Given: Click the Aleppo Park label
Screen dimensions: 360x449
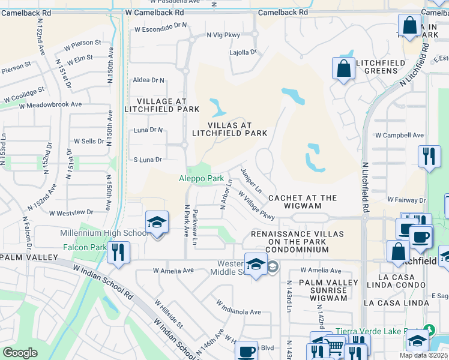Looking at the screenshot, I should tap(201, 178).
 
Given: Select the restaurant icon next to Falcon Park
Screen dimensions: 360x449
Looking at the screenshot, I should tap(118, 252).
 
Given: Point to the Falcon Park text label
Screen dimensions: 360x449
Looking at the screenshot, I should tap(83, 247).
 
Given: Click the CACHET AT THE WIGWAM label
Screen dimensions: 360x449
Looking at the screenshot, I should tap(303, 202).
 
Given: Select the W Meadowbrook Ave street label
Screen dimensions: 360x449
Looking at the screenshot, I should tap(50, 104).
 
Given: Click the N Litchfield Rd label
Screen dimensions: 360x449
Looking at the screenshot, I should tap(364, 185).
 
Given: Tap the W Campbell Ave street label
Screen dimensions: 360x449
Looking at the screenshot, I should tap(399, 136).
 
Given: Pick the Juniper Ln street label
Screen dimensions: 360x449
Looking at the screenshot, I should tap(251, 180).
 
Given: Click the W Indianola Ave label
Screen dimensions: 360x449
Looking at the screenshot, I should tap(238, 312).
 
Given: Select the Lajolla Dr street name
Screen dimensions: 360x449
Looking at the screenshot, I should tap(243, 52).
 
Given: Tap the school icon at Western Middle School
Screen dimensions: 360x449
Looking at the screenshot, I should tap(256, 265).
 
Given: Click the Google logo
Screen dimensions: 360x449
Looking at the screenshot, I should tap(20, 353).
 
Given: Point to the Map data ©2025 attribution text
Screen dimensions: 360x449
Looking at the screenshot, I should tap(424, 355).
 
